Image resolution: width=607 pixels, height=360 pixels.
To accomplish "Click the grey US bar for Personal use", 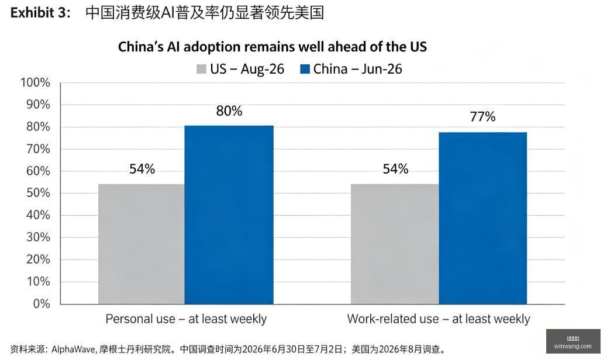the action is click(142, 244).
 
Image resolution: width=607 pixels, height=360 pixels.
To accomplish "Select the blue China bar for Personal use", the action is click(229, 214).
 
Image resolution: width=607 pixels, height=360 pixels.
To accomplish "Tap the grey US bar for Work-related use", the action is click(395, 244).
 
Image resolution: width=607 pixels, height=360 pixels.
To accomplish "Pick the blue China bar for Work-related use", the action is click(483, 218).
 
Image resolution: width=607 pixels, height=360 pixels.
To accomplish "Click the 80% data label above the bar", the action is click(229, 111).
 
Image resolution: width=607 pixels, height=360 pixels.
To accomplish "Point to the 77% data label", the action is click(483, 116).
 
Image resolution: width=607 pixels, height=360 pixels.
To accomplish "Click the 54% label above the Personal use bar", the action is click(142, 168).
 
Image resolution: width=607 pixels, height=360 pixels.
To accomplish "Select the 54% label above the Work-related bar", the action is click(396, 168).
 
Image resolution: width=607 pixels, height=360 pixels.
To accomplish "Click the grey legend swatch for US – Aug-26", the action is click(201, 69).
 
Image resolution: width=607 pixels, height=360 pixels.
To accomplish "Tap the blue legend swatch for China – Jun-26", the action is click(305, 69).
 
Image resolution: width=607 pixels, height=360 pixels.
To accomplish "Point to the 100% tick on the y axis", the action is click(35, 82).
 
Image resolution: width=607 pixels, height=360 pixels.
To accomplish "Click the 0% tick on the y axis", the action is click(42, 303).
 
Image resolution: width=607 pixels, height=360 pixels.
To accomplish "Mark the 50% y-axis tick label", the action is click(39, 193).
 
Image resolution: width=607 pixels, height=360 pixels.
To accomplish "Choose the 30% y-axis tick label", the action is click(39, 237).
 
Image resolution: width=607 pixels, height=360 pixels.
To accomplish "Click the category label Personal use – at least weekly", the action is click(186, 319).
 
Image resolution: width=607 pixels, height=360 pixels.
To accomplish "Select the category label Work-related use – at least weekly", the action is click(439, 319).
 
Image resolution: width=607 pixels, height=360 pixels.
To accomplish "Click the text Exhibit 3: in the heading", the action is click(41, 13).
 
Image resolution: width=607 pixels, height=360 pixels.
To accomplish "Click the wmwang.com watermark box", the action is click(573, 341).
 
